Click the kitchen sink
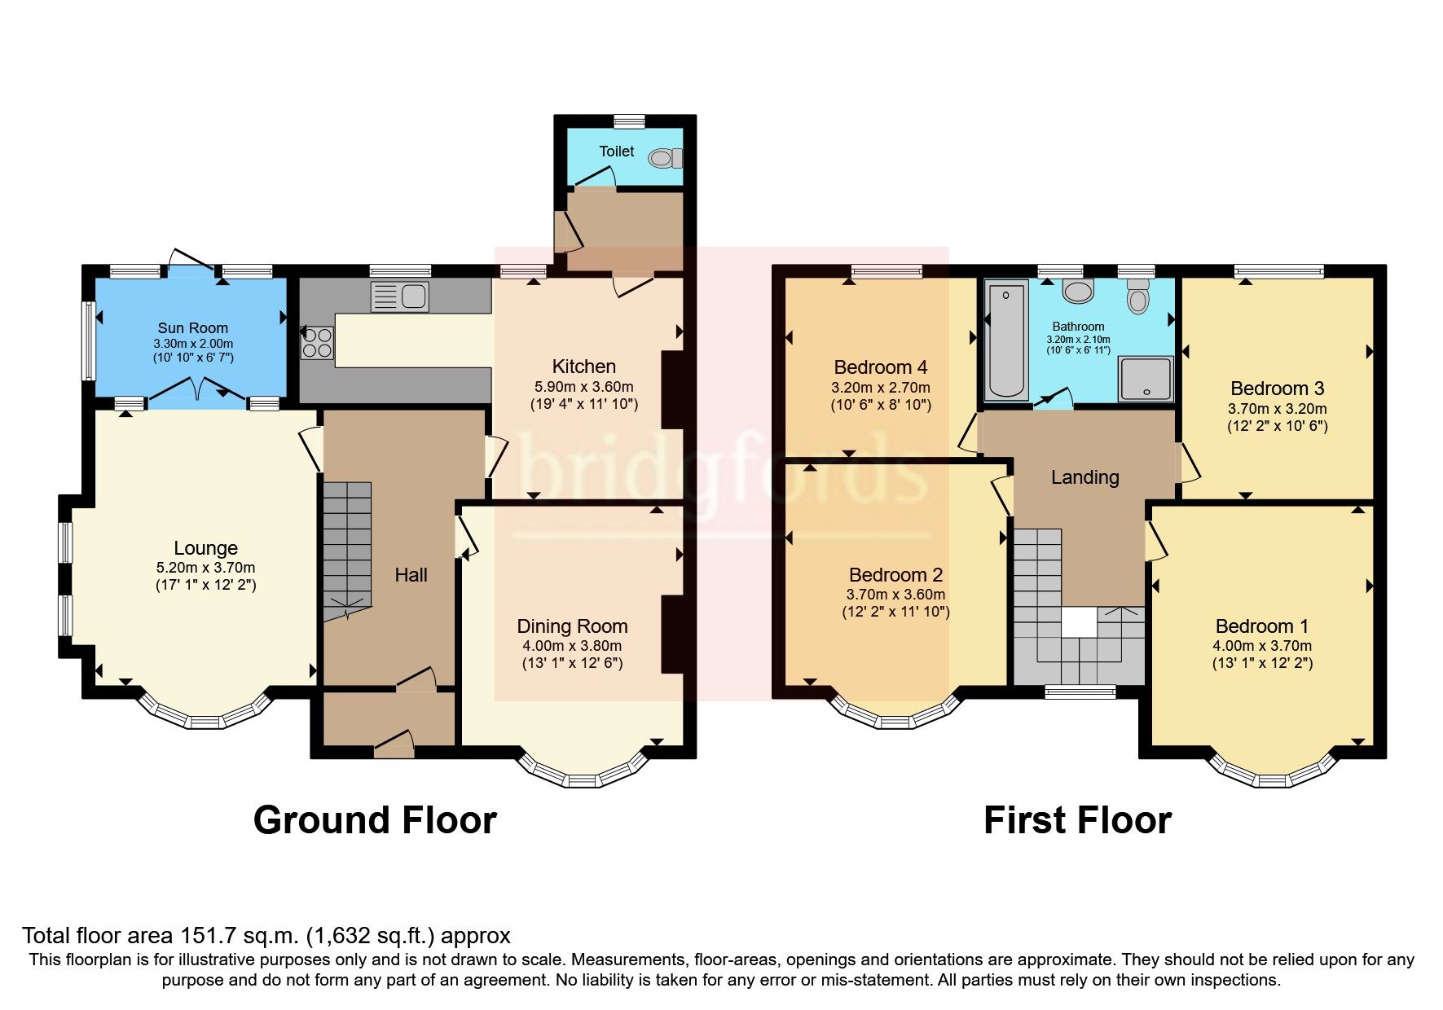point(399,297)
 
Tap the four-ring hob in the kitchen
point(318,342)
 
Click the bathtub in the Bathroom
point(1006,340)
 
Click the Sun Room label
point(193,328)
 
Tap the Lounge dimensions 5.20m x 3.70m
point(205,568)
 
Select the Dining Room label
point(572,626)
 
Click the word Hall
point(411,575)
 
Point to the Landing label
point(1084,477)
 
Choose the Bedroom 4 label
point(880,367)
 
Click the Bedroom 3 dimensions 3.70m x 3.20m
point(1277,409)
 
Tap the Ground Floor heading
point(375,820)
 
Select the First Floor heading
point(1077,820)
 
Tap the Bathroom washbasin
point(1078,291)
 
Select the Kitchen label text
point(583,367)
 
